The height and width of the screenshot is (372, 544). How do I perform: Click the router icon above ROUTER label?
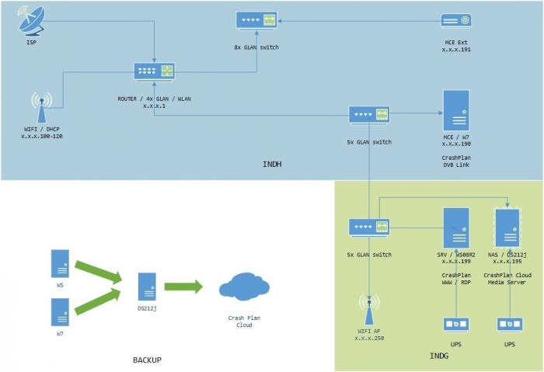click(x=154, y=71)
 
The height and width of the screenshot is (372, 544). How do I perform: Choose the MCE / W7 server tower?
click(x=455, y=110)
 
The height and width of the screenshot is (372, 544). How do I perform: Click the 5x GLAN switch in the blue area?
click(x=368, y=114)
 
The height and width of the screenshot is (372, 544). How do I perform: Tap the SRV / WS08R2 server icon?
click(x=455, y=228)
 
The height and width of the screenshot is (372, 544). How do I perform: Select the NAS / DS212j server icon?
click(x=507, y=228)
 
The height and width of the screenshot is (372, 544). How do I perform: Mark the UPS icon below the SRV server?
click(x=455, y=324)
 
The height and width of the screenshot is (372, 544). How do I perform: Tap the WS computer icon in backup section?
click(x=61, y=264)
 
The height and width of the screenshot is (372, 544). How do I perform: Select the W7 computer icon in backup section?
click(x=61, y=311)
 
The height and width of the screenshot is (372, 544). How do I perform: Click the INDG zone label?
click(x=439, y=356)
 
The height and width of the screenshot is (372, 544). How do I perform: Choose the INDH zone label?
click(x=272, y=165)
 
